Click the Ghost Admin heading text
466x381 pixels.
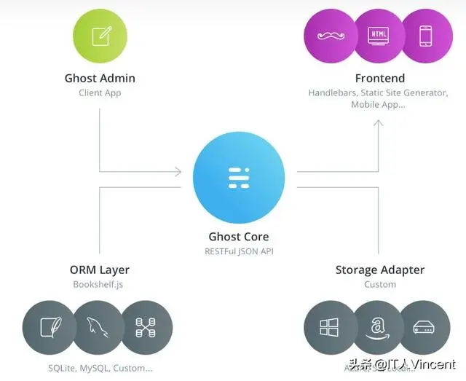tap(100, 78)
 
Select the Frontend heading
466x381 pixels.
tap(379, 78)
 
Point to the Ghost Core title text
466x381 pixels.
tap(238, 237)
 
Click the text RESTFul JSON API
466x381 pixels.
tap(238, 252)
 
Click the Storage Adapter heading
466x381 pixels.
tap(379, 270)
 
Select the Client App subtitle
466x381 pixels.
tap(100, 93)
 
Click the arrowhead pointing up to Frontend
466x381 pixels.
tap(378, 124)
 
